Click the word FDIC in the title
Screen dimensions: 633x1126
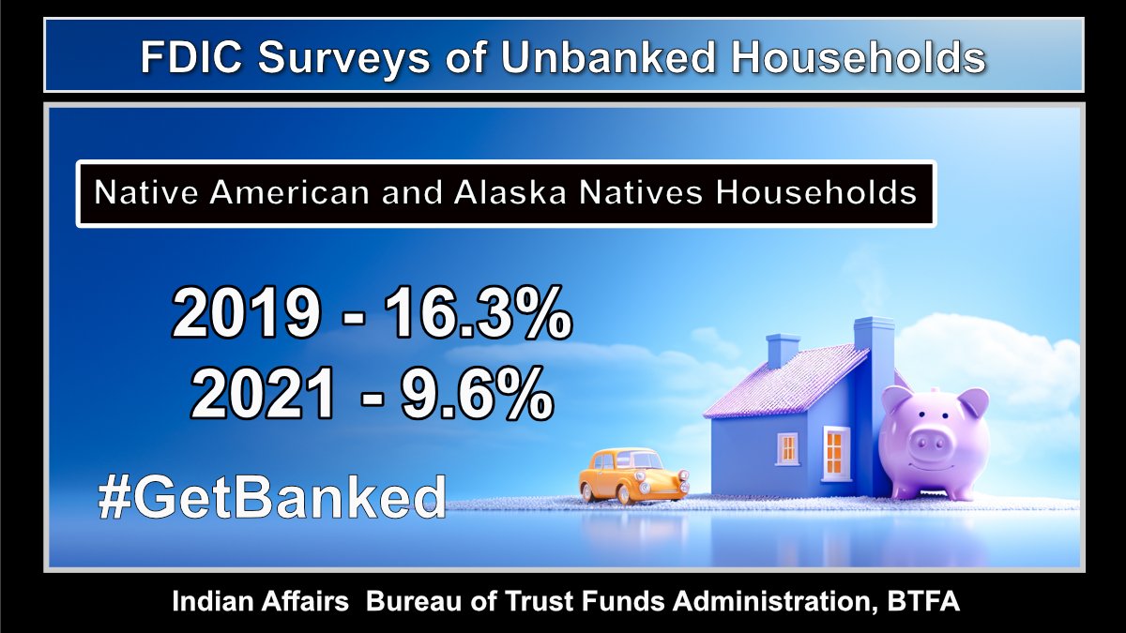pos(193,58)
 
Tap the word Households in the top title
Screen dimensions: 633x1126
pos(858,58)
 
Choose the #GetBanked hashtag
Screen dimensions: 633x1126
pos(272,498)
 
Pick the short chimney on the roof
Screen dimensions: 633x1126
pos(783,351)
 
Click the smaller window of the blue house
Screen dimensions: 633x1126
pos(788,447)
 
